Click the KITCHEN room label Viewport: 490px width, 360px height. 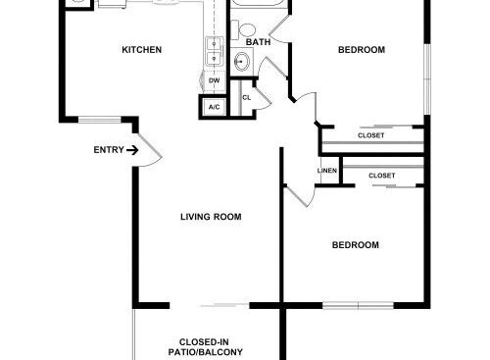click(141, 50)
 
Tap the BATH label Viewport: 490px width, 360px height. click(258, 42)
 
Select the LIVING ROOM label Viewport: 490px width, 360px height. click(211, 217)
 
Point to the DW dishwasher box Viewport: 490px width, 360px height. click(214, 82)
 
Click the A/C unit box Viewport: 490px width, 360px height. click(214, 105)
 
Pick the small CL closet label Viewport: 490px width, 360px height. click(246, 97)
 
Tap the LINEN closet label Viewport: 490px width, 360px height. click(327, 171)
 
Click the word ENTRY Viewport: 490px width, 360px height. click(108, 150)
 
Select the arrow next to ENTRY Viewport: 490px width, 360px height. click(132, 150)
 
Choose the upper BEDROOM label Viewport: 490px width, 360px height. click(361, 50)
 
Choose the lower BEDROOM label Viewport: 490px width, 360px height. click(355, 244)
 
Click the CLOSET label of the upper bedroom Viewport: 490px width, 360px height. click(370, 136)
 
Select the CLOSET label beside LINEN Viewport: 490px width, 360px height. click(382, 176)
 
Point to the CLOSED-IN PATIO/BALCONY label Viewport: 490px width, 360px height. click(211, 346)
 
